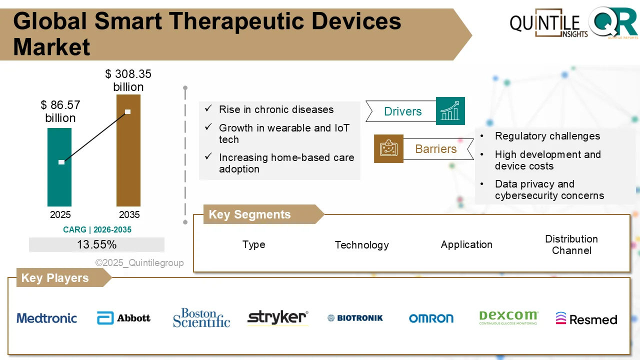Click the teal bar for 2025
pyautogui.click(x=59, y=180)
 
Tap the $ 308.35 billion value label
pyautogui.click(x=128, y=80)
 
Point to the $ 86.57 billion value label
pyautogui.click(x=60, y=111)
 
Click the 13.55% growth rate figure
pyautogui.click(x=96, y=244)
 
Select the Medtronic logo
pyautogui.click(x=47, y=318)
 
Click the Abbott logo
pyautogui.click(x=123, y=318)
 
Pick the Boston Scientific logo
pyautogui.click(x=201, y=318)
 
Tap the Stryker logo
pyautogui.click(x=278, y=317)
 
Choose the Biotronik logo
pyautogui.click(x=355, y=318)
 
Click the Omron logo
pyautogui.click(x=431, y=318)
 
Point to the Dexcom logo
pyautogui.click(x=508, y=317)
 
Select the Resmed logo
pyautogui.click(x=586, y=319)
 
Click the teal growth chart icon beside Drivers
pyautogui.click(x=450, y=111)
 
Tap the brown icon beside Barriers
pyautogui.click(x=388, y=148)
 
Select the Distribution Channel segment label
pyautogui.click(x=571, y=244)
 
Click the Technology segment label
pyautogui.click(x=361, y=245)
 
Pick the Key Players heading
pyautogui.click(x=54, y=278)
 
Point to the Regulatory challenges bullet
pyautogui.click(x=547, y=136)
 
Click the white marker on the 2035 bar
pyautogui.click(x=127, y=111)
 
